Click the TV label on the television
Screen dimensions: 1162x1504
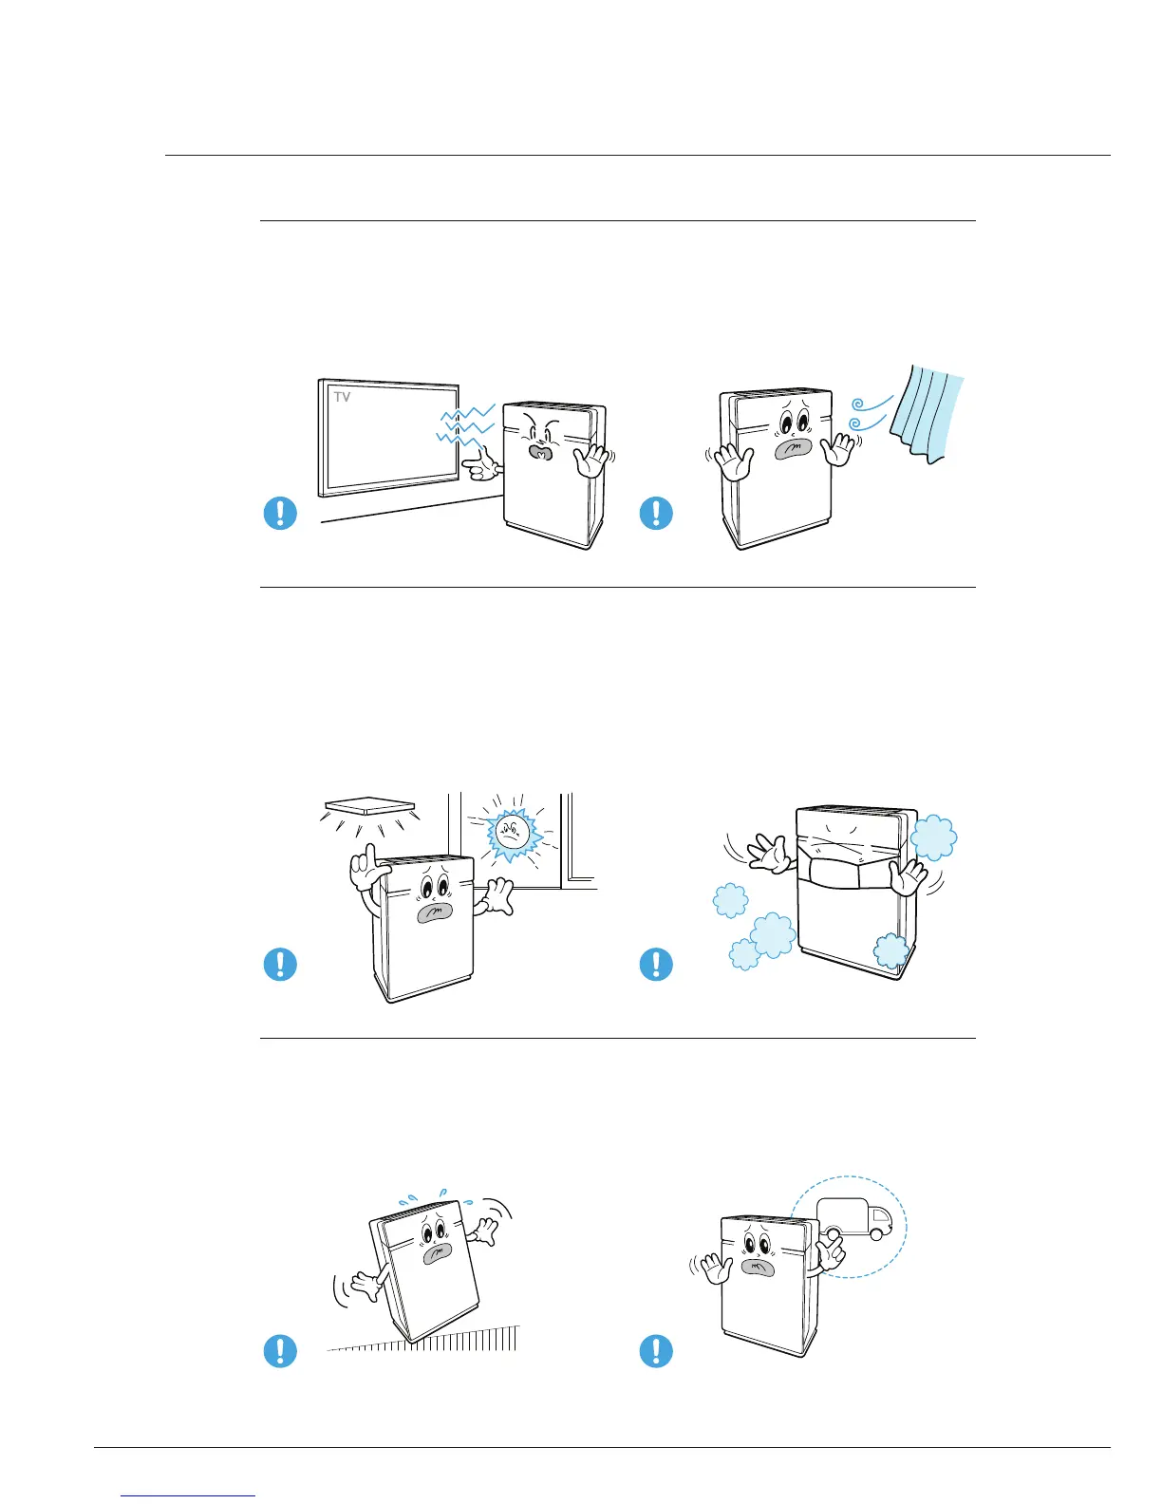[342, 397]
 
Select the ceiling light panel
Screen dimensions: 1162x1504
[370, 806]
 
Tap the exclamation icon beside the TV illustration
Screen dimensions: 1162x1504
[280, 514]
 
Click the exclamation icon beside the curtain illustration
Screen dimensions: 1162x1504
[656, 514]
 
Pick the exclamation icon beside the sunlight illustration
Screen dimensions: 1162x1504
[280, 965]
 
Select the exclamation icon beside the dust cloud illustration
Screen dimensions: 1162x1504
[656, 965]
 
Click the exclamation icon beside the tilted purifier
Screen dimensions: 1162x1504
[280, 1350]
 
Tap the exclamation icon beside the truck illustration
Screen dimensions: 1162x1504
[656, 1350]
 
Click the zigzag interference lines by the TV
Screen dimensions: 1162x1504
[465, 424]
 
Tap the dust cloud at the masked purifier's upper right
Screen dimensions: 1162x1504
[933, 837]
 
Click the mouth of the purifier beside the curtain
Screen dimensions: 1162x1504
[786, 449]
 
